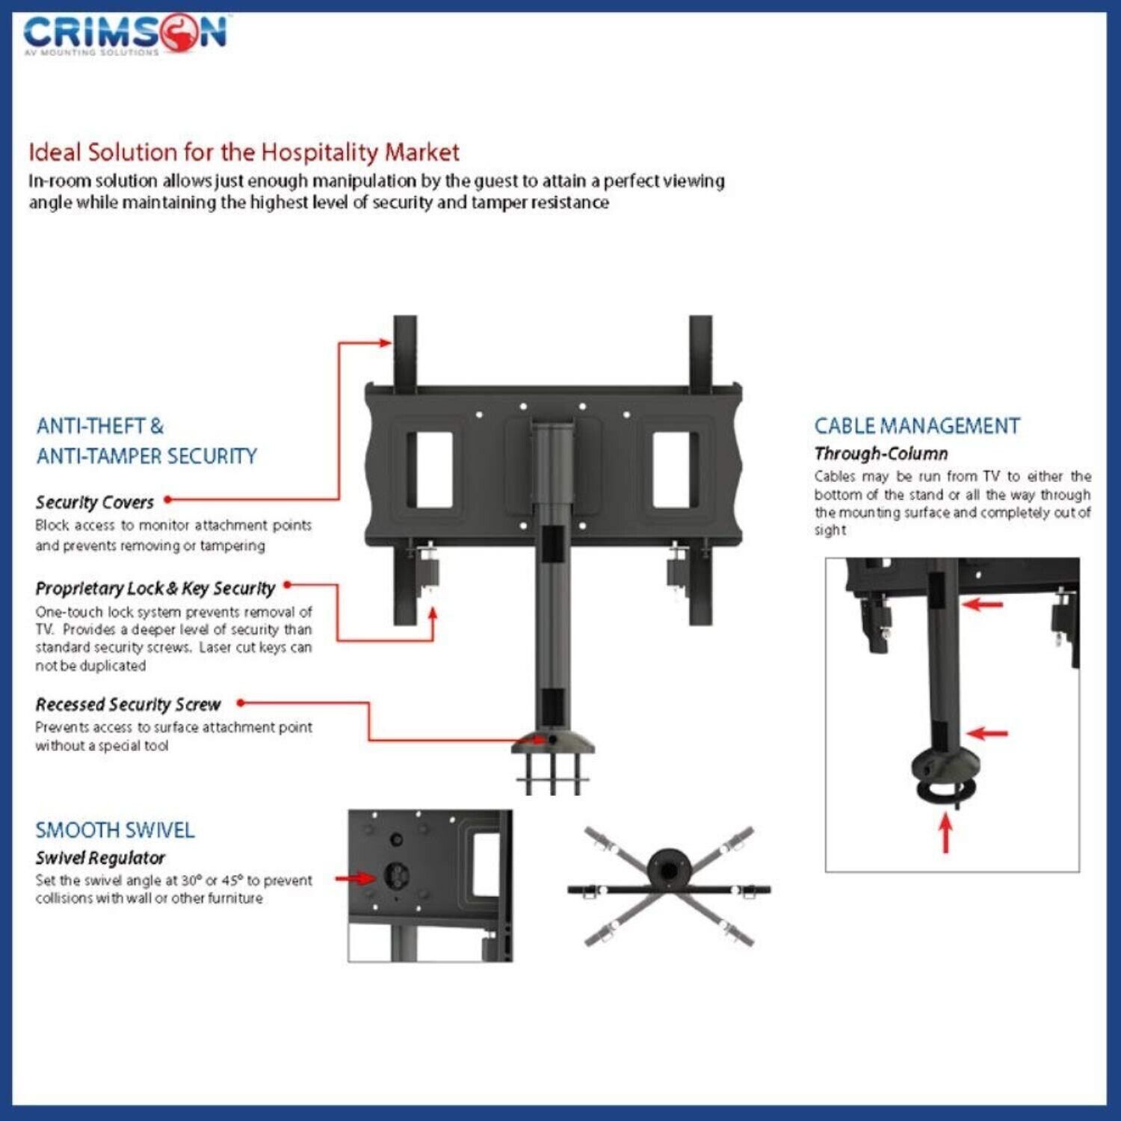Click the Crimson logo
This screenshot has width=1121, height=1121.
[125, 34]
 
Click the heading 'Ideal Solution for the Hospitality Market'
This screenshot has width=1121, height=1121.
[244, 152]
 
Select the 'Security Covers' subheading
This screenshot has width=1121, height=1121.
[94, 502]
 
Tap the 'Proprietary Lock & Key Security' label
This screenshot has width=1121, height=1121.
[155, 589]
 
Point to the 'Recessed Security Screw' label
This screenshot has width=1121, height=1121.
[128, 705]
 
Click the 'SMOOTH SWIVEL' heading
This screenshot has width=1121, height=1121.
[115, 830]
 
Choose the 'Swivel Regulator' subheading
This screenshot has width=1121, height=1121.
[100, 858]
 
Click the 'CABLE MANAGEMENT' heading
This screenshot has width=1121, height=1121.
[917, 426]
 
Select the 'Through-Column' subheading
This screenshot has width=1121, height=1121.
[881, 454]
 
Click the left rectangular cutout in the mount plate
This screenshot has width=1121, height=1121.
[430, 469]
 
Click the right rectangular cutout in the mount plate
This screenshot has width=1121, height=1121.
[675, 469]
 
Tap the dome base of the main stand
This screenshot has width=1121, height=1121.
[553, 742]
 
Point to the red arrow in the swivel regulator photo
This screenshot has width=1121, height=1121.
[356, 878]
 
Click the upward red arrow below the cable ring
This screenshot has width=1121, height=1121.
[946, 833]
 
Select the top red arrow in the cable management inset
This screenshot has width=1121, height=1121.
[982, 603]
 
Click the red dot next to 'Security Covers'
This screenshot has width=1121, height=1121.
[168, 499]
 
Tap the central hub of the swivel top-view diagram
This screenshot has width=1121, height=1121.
[668, 870]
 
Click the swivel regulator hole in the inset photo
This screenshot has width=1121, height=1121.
[396, 876]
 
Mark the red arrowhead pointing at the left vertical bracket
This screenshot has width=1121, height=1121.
[385, 343]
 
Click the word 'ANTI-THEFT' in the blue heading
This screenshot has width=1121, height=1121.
[90, 426]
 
